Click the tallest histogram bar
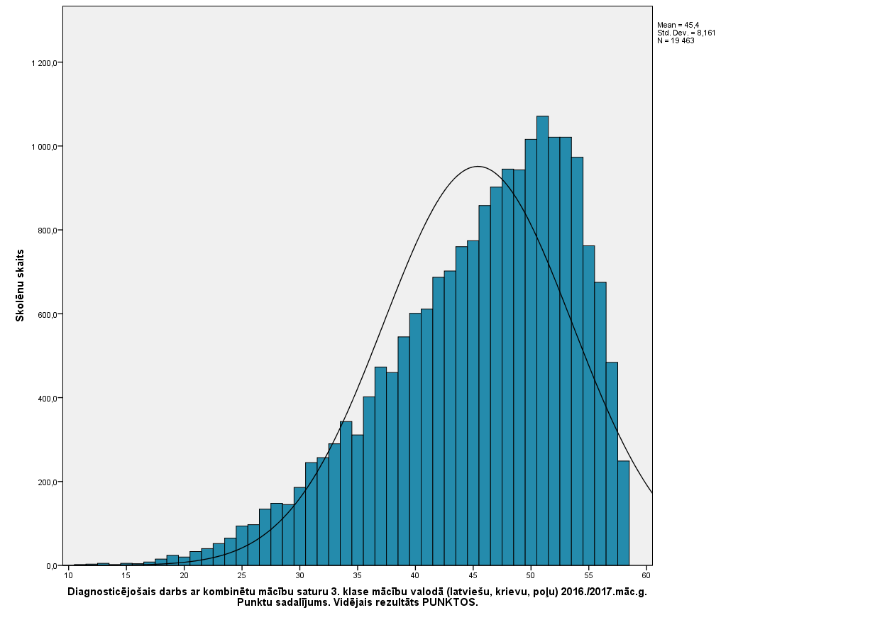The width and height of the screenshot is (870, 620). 542,341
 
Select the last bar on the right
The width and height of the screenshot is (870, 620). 623,513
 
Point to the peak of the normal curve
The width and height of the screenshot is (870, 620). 478,167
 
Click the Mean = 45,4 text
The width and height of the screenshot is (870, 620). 678,25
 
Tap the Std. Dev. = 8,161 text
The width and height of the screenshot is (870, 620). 686,33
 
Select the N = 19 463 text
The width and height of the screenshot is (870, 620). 676,40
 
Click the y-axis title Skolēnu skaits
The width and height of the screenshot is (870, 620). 20,285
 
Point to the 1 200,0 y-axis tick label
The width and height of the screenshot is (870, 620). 45,63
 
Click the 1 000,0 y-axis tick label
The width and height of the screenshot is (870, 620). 45,147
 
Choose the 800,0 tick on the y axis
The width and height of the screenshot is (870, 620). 48,231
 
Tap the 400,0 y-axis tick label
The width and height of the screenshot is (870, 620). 48,399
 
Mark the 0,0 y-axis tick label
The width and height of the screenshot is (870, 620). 53,566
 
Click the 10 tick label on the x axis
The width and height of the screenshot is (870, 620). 68,575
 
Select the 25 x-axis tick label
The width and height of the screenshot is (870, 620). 241,575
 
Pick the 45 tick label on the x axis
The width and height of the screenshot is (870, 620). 473,575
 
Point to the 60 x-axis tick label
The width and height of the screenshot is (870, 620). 646,575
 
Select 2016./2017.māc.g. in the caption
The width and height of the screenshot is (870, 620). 604,592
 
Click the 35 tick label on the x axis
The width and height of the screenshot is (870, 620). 358,575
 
